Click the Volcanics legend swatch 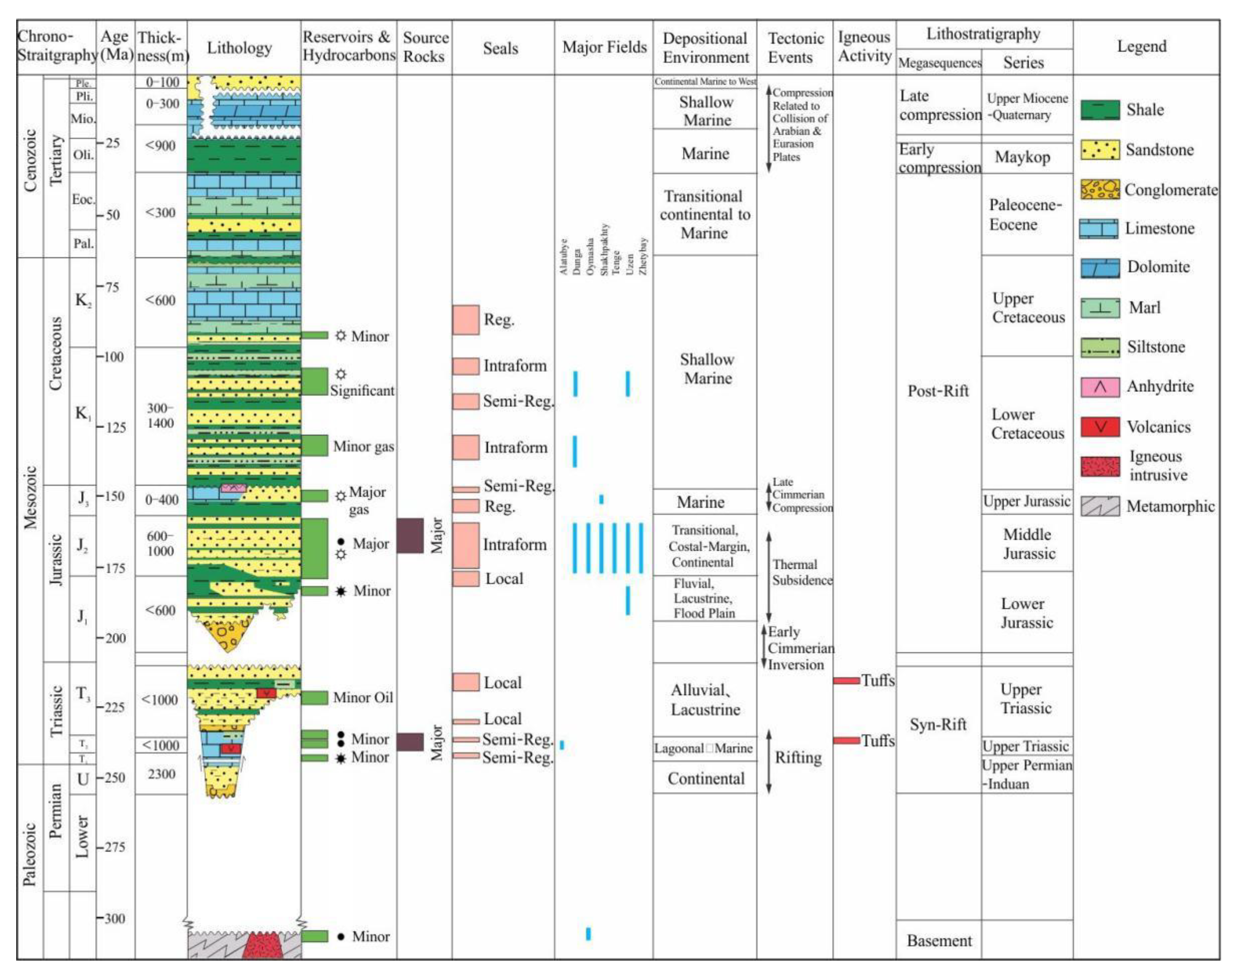click(x=1100, y=427)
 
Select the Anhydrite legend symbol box click(x=1100, y=387)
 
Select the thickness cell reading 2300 click(x=161, y=774)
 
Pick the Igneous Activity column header click(x=864, y=47)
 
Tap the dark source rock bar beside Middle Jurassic click(x=409, y=536)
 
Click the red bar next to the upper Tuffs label click(x=846, y=681)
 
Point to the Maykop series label click(x=1022, y=157)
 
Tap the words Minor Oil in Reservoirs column click(x=363, y=698)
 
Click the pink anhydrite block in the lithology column click(x=233, y=488)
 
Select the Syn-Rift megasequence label click(x=938, y=724)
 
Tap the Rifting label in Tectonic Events click(x=798, y=757)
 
